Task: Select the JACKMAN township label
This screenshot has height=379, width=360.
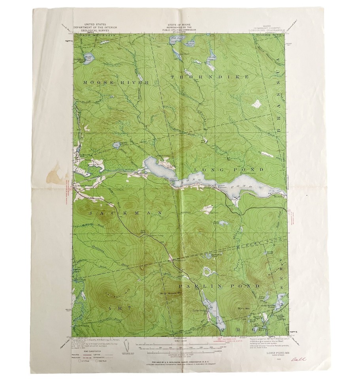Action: (124, 212)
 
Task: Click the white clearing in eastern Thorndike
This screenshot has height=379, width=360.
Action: (257, 103)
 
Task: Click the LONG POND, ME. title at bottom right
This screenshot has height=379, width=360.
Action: (278, 353)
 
